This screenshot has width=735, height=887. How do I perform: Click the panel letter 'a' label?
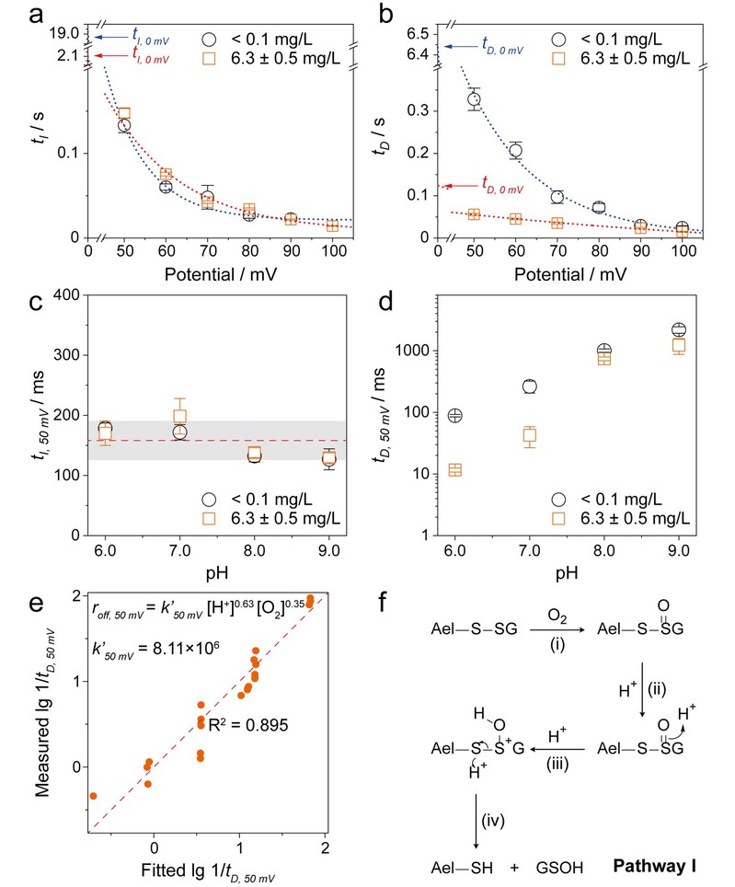pyautogui.click(x=13, y=13)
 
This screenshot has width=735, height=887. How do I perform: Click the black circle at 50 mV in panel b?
pyautogui.click(x=475, y=99)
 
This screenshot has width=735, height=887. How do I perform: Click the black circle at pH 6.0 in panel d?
pyautogui.click(x=454, y=415)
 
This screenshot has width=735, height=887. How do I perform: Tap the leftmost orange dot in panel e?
pyautogui.click(x=93, y=795)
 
